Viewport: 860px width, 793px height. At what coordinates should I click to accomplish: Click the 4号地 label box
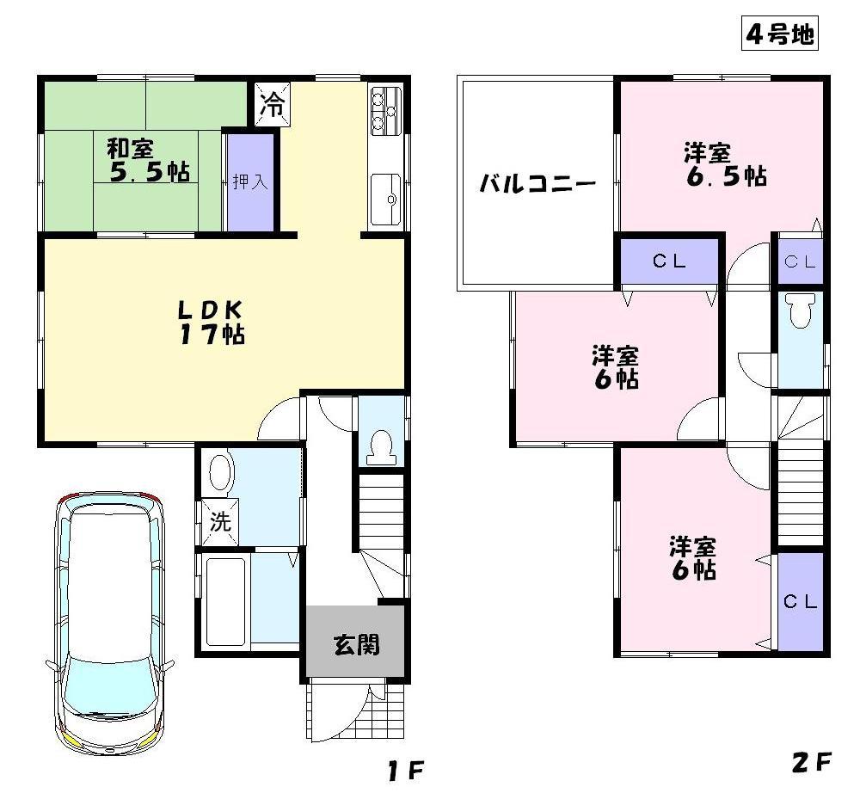[x=778, y=34]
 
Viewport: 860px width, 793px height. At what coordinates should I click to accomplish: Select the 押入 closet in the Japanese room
[x=250, y=181]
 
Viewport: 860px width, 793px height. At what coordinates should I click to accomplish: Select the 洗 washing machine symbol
[x=221, y=522]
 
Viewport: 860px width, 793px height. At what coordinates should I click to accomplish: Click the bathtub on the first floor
[x=226, y=599]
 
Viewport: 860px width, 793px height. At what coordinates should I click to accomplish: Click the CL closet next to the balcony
[x=669, y=262]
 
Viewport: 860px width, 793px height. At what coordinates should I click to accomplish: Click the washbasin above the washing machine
[x=221, y=473]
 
